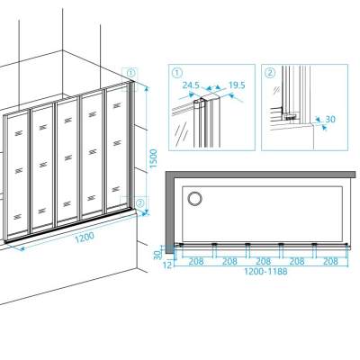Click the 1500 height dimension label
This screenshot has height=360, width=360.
click(x=153, y=158)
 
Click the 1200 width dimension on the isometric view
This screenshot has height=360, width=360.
click(x=85, y=238)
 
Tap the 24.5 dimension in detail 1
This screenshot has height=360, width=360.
click(x=191, y=85)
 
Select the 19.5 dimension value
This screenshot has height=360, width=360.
click(x=237, y=85)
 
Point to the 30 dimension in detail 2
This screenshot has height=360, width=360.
click(x=330, y=119)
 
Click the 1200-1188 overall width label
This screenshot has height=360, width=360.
click(x=265, y=272)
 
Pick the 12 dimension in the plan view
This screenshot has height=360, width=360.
click(x=168, y=265)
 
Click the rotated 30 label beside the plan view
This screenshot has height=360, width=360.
click(x=157, y=255)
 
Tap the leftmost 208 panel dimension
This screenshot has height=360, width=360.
click(x=196, y=261)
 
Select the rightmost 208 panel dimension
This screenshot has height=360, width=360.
click(x=330, y=261)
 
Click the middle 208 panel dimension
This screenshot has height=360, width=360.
click(x=263, y=261)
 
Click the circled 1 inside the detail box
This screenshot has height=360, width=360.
click(x=177, y=73)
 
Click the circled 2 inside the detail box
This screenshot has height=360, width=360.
click(x=270, y=73)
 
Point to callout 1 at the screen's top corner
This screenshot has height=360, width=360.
click(x=130, y=73)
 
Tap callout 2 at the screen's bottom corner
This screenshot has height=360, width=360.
click(x=140, y=202)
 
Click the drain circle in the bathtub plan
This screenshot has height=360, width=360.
click(x=194, y=199)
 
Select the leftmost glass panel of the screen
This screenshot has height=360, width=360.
click(x=17, y=175)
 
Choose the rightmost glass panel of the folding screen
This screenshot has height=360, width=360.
click(x=117, y=148)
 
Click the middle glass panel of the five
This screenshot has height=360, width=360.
click(x=67, y=161)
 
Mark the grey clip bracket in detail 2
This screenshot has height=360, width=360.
click(x=291, y=116)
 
